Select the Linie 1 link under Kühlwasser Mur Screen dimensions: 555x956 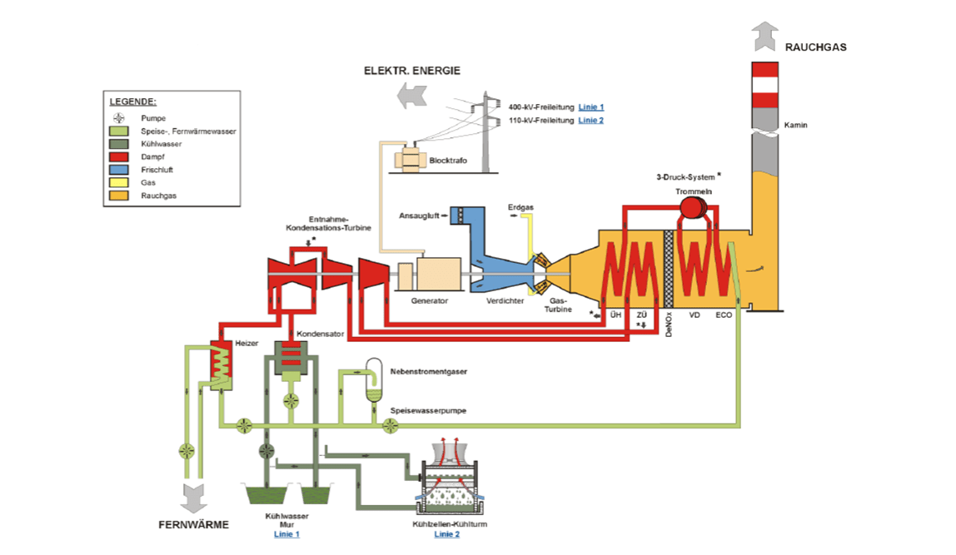286,533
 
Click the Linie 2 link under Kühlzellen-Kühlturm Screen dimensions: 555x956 446,533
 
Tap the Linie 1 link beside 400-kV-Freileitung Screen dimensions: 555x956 591,107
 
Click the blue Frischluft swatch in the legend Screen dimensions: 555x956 119,170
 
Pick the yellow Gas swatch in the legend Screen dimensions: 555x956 119,183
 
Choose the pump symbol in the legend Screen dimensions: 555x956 119,118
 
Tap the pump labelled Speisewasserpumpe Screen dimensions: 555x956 390,425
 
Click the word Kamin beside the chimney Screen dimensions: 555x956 796,126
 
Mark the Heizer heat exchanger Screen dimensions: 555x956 222,365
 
